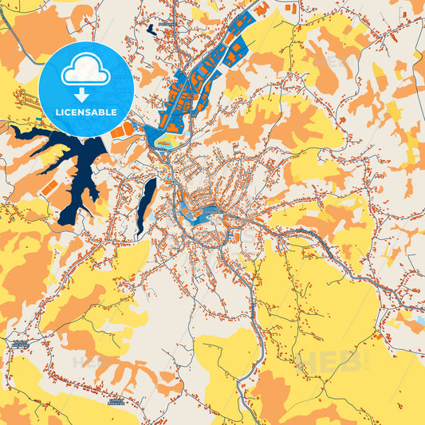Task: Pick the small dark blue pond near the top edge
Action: pos(151,29)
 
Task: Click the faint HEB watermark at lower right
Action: pos(327,363)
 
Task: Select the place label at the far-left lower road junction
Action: pos(19,343)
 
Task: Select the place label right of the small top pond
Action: pos(166,25)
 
